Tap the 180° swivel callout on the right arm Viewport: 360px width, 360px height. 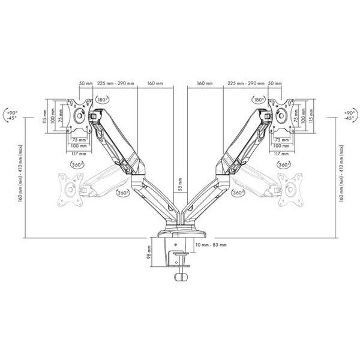(259, 100)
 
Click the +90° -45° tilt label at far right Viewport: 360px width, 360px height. (348, 115)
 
